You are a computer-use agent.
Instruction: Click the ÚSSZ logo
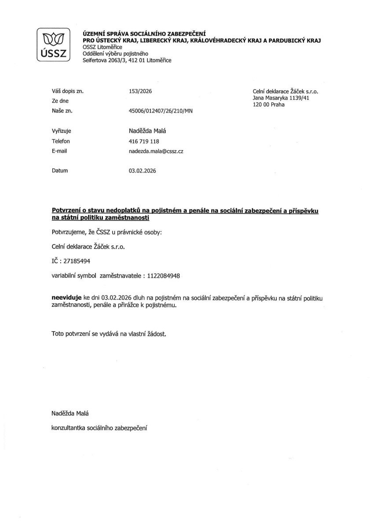(x=53, y=45)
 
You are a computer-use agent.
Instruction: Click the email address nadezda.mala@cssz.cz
(x=156, y=151)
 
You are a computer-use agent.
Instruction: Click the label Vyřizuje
(x=61, y=131)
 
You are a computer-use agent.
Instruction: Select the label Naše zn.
(x=62, y=111)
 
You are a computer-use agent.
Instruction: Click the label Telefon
(x=61, y=141)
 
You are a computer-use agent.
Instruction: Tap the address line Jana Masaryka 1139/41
(x=281, y=98)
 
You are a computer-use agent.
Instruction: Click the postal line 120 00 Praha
(x=268, y=105)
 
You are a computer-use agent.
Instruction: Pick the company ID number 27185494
(x=77, y=261)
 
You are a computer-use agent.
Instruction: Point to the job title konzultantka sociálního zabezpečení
(x=99, y=427)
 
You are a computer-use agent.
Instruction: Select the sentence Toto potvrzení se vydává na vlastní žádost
(x=109, y=334)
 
